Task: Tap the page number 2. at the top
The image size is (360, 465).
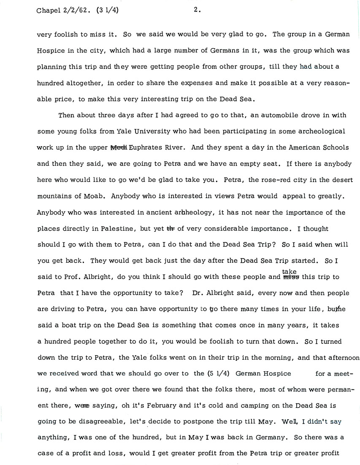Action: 197,11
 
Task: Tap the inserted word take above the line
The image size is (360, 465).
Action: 290,272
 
